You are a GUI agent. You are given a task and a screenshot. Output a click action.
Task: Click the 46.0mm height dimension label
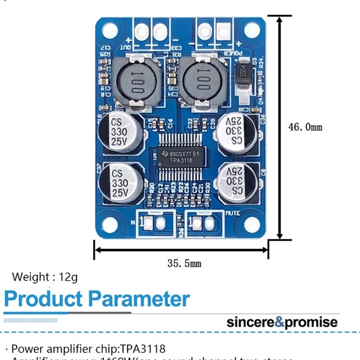point(305,127)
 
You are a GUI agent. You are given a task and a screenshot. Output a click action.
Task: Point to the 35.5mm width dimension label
point(184,263)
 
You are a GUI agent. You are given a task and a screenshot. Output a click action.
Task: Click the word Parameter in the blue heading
point(139,299)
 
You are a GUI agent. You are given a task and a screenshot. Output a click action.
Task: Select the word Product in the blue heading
point(44,299)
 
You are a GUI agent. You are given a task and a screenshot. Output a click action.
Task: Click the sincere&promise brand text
point(282,322)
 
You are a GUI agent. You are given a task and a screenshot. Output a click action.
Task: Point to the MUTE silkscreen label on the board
point(233,213)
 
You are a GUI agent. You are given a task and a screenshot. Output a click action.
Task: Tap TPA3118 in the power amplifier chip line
point(144,349)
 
